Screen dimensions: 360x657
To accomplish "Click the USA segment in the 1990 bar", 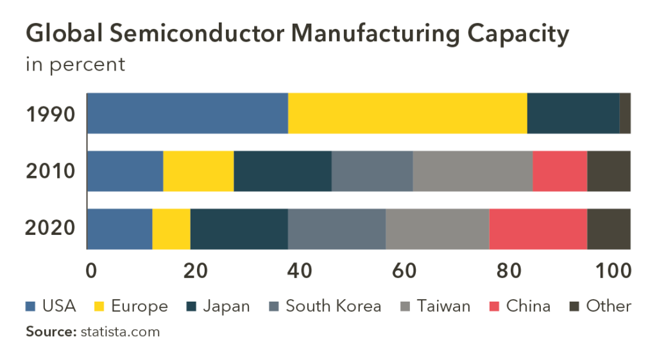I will coord(187,113).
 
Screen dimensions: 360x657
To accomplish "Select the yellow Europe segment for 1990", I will coord(407,113).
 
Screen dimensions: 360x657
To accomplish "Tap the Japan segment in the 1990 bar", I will coord(573,113).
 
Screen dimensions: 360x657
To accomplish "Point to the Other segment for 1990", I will coord(625,113).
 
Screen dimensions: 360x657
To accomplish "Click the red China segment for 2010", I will coord(559,171).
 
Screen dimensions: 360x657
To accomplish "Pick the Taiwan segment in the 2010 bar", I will coord(472,171).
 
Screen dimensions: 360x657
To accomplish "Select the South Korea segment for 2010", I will coord(372,171).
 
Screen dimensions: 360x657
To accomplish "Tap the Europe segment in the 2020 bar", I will coord(171,228).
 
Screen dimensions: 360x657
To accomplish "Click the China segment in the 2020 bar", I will coord(538,228).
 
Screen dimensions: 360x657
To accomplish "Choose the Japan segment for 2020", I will coord(239,228).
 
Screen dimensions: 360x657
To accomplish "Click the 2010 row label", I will coord(51,171).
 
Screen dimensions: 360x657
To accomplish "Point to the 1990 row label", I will coord(51,114).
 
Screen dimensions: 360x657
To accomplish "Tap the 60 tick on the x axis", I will coord(405,270).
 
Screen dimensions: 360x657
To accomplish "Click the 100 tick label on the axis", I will coord(613,270).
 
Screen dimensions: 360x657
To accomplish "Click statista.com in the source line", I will coord(120,332).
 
